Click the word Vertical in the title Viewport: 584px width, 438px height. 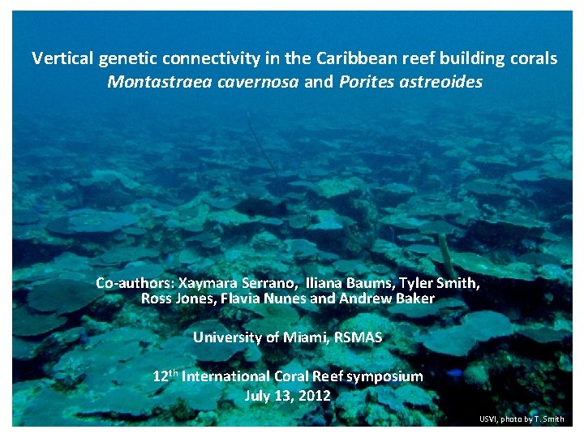[62, 59]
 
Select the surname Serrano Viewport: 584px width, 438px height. [274, 283]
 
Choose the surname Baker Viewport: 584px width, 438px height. [414, 298]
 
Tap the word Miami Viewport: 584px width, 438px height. [306, 337]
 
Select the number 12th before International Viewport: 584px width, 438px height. [165, 376]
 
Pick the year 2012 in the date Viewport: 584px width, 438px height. [314, 397]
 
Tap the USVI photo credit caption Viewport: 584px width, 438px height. [522, 419]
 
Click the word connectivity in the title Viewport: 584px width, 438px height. [205, 59]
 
